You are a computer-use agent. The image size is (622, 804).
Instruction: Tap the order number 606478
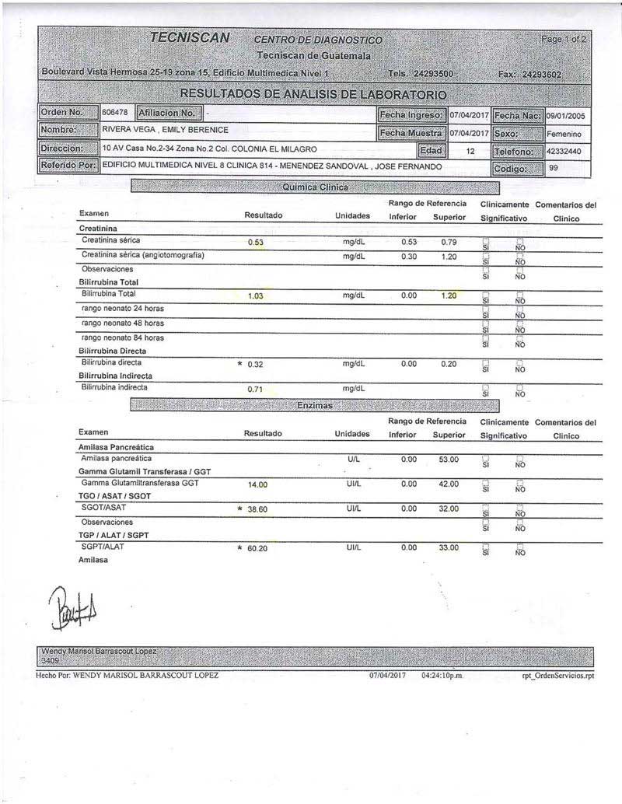[x=114, y=112]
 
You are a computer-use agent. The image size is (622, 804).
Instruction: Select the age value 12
[x=470, y=152]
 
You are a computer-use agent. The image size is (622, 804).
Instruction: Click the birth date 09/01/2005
[x=565, y=116]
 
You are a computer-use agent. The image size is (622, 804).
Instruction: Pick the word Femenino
[x=564, y=134]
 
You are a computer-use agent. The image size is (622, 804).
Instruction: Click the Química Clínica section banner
[x=314, y=187]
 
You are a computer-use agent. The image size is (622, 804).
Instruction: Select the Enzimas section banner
[x=314, y=406]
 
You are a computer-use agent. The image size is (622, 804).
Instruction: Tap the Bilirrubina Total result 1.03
[x=257, y=296]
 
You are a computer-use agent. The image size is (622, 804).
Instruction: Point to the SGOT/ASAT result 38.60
[x=257, y=509]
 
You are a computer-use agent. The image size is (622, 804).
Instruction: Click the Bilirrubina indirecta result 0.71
[x=257, y=389]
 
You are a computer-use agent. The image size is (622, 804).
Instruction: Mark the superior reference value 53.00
[x=449, y=460]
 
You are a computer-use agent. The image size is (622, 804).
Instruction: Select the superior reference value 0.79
[x=449, y=242]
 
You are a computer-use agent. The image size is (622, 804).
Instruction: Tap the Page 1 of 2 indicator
[x=564, y=39]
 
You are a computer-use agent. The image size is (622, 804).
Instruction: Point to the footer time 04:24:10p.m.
[x=442, y=676]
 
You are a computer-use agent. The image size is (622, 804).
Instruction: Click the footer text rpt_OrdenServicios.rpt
[x=557, y=676]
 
